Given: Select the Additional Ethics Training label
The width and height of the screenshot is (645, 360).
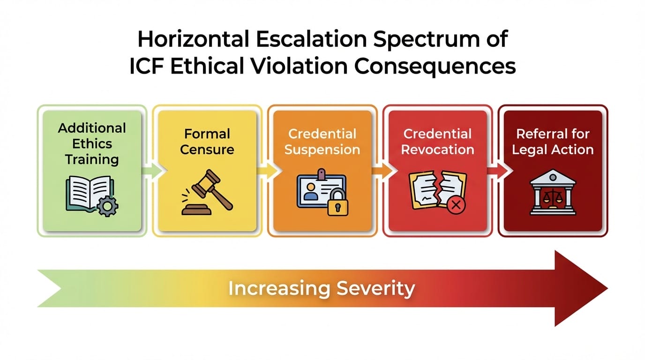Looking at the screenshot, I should pos(92,143).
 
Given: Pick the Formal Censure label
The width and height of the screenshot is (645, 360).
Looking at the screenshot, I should pos(207,142).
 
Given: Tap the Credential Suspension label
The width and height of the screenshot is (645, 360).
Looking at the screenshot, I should pos(322,142).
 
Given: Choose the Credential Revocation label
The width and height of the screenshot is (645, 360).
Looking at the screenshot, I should pos(438,142).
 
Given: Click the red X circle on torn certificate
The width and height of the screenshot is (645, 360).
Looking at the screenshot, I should pos(453,205).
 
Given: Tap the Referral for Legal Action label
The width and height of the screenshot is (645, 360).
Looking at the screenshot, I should pos(553,142).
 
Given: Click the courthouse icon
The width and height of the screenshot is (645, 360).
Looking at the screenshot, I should pos(553,193).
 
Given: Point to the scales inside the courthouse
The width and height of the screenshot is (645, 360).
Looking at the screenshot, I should pos(553,196).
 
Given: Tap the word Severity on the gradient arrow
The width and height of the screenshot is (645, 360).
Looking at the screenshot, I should pos(375,288).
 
